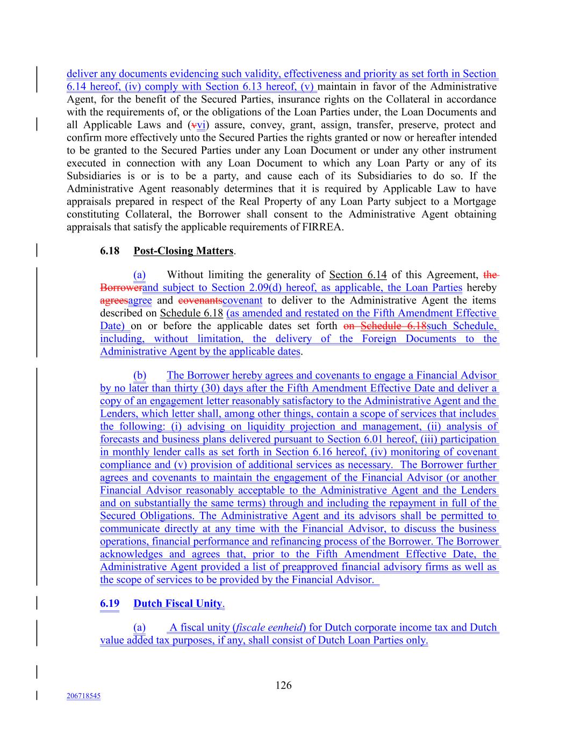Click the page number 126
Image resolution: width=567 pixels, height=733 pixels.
point(283,685)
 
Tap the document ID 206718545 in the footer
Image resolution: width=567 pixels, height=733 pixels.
point(83,696)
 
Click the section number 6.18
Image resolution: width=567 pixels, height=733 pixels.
point(110,251)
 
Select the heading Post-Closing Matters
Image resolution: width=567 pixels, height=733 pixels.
point(183,251)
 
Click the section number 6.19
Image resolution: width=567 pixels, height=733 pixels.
point(110,603)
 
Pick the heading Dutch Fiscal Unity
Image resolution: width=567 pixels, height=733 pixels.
point(178,603)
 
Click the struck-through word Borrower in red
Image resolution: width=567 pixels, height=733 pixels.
point(121,287)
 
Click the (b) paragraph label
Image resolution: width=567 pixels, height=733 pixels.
point(139,375)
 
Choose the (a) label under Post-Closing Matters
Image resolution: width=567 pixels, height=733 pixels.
point(139,275)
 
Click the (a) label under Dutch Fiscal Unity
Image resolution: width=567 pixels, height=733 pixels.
point(139,627)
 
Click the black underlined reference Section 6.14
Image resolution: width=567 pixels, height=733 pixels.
point(357,275)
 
